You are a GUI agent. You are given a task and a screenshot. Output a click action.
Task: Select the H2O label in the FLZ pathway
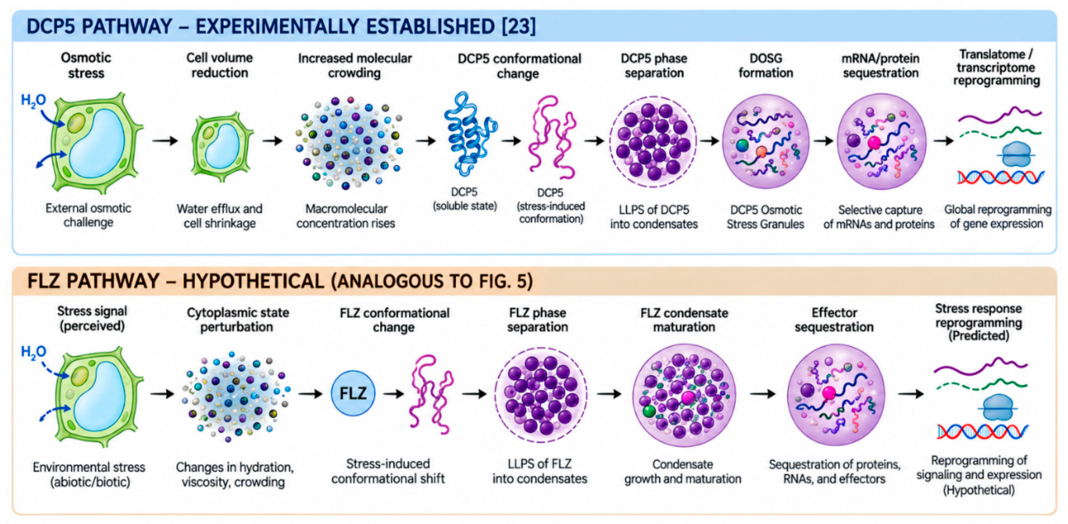[x=33, y=352]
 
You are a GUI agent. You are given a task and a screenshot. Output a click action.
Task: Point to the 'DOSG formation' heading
[x=765, y=66]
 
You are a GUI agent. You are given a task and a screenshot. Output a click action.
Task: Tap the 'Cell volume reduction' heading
[x=219, y=65]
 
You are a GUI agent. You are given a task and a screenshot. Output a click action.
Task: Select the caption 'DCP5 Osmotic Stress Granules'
[x=765, y=217]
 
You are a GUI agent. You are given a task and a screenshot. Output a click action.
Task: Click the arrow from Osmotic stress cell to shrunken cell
[x=165, y=141]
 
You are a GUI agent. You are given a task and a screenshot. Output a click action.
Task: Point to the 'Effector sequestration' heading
[x=834, y=320]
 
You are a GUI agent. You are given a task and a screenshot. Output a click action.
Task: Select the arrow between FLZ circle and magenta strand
[x=394, y=393]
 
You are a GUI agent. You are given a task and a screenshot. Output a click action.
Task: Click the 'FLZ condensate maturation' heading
[x=684, y=320]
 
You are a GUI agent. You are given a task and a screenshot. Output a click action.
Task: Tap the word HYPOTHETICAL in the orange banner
[x=253, y=281]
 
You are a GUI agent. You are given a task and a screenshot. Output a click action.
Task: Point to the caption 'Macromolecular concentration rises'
[x=346, y=216]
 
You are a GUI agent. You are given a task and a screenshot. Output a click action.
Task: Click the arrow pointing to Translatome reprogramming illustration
[x=943, y=141]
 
